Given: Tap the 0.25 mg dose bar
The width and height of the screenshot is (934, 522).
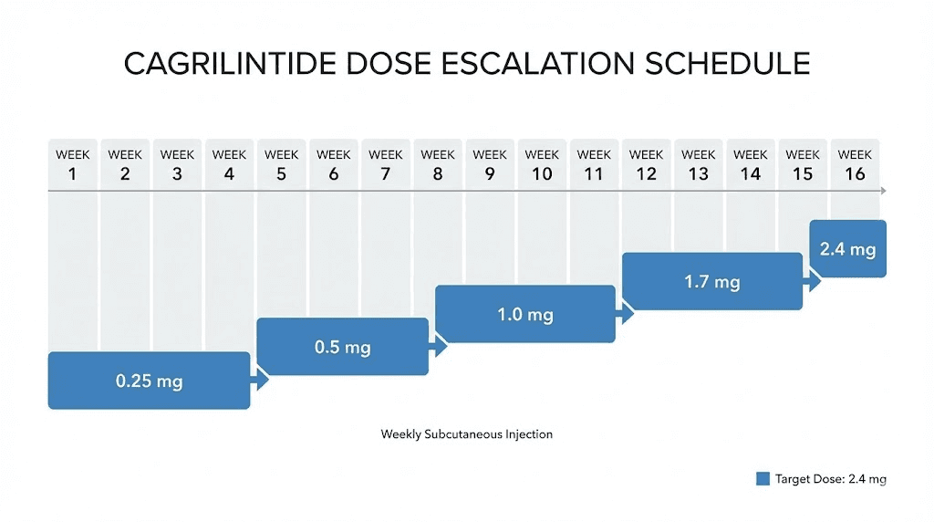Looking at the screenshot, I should tap(149, 381).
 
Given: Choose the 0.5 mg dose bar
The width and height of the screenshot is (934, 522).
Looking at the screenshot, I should tap(342, 347).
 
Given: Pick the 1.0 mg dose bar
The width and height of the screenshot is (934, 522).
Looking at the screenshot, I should tap(524, 315).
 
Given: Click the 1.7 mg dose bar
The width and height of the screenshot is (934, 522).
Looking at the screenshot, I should tap(711, 282).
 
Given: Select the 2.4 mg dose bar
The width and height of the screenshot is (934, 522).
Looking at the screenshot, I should tap(848, 248).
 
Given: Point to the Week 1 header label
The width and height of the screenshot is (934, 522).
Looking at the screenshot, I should tap(73, 164).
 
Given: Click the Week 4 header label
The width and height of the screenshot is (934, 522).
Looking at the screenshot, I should tap(229, 164).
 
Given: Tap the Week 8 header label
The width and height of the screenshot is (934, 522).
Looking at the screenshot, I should tap(438, 164).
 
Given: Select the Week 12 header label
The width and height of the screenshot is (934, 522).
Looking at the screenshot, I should tap(646, 164).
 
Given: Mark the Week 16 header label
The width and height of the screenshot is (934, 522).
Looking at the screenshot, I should tap(855, 164).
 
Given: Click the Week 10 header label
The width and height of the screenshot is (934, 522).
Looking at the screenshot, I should tap(542, 164).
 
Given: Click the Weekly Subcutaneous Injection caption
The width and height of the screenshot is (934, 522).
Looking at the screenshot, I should tap(466, 434).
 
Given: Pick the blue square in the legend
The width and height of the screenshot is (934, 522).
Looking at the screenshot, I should tap(763, 479).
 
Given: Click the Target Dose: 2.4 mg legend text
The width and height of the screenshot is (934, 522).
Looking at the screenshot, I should tap(830, 479).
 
